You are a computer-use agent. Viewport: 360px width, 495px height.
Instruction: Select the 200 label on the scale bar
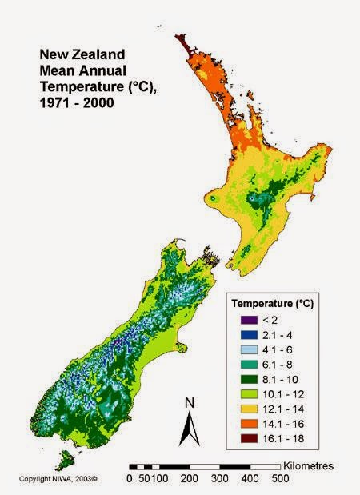pos(189,479)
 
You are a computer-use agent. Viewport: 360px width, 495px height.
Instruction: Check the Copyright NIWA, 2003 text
pos(58,479)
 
